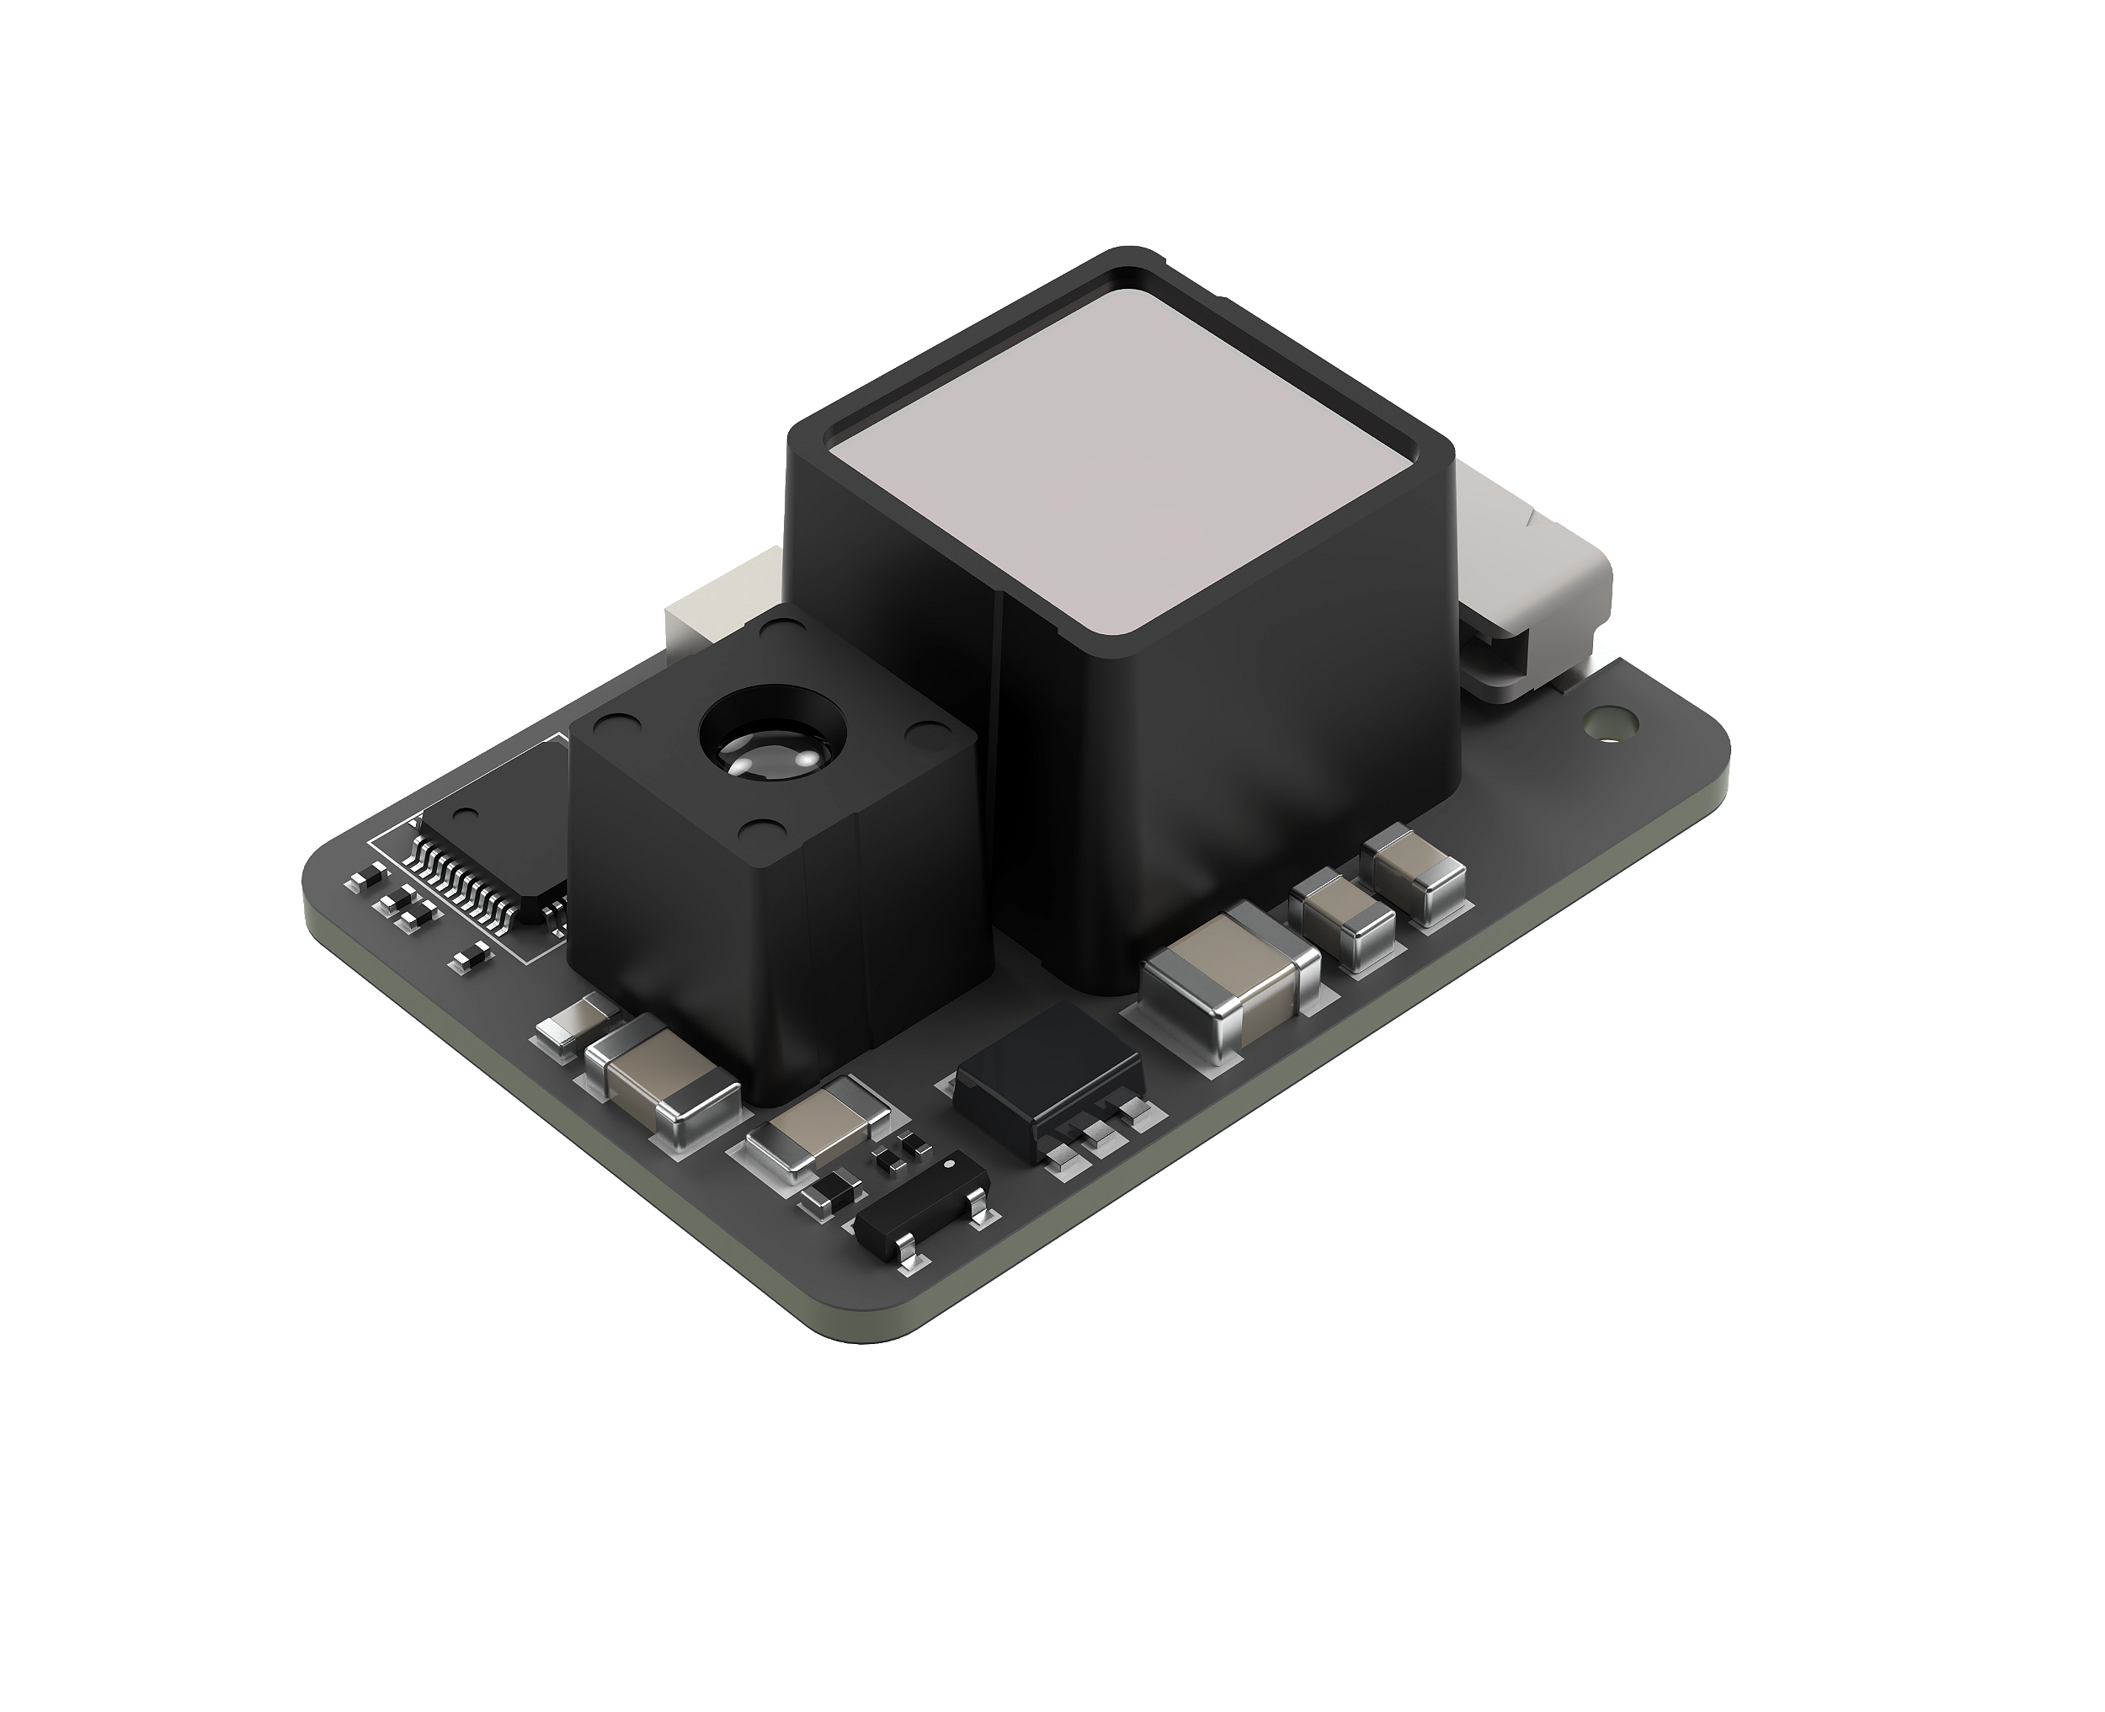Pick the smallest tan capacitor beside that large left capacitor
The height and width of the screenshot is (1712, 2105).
[x=575, y=1025]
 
